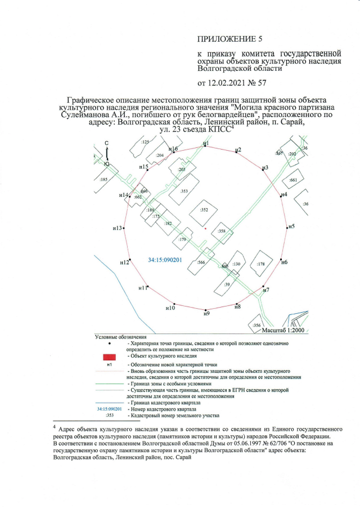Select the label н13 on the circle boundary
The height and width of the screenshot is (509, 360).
click(118, 228)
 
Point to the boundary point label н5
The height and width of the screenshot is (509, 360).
click(290, 227)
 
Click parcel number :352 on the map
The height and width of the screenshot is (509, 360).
click(204, 210)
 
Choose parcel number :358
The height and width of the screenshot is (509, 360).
click(222, 231)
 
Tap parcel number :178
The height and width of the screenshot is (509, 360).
click(260, 264)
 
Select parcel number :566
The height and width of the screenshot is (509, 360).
click(201, 262)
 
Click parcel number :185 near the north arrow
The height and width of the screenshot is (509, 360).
click(103, 179)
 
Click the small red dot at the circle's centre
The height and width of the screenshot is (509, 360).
click(206, 229)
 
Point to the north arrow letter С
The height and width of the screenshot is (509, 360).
click(106, 143)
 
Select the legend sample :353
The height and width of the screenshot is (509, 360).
click(110, 416)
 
